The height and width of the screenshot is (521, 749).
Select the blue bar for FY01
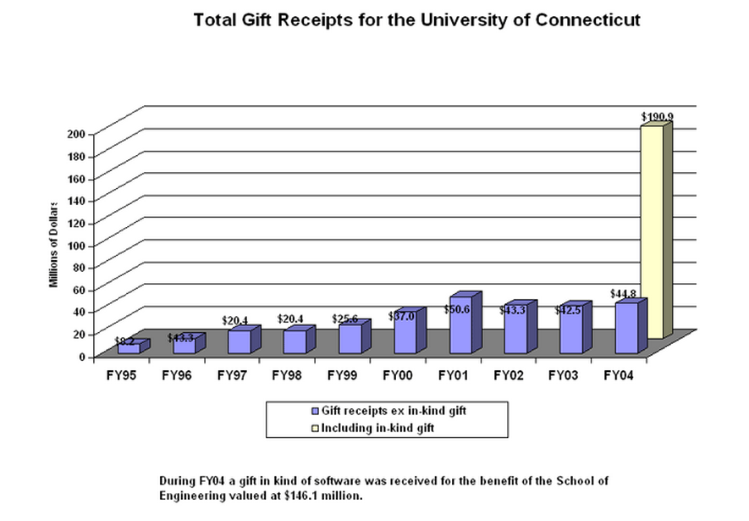(460, 326)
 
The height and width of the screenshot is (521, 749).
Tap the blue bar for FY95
(129, 348)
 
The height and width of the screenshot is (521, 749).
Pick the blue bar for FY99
(350, 339)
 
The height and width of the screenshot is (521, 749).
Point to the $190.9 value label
(656, 116)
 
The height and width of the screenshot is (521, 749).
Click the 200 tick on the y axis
(77, 134)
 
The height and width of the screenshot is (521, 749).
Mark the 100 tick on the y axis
(77, 245)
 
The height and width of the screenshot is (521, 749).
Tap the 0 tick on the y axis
(82, 357)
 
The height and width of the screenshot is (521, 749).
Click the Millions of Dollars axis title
(53, 245)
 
